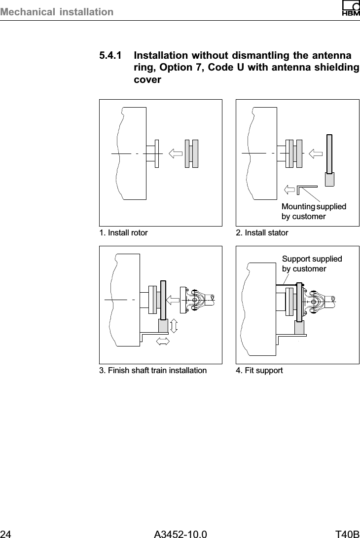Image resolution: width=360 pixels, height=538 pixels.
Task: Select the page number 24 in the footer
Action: pos(6,533)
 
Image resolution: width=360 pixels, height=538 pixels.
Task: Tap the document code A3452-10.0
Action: pos(180,533)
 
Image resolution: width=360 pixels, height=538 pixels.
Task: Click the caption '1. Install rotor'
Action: pos(123,232)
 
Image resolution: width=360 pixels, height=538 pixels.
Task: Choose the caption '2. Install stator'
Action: pos(262,232)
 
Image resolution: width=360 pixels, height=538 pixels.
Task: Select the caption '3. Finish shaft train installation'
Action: pos(153,370)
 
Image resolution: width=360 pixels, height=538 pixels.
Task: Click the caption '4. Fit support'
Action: pos(259,370)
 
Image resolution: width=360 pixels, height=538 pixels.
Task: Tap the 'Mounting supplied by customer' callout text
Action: pos(314,211)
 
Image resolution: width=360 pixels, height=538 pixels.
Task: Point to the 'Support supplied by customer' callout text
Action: pos(312,264)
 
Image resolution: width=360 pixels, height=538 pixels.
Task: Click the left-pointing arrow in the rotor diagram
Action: pos(175,154)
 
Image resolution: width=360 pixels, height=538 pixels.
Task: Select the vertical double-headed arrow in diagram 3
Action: pos(174,326)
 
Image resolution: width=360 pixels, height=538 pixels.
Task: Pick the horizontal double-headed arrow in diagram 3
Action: pos(162,341)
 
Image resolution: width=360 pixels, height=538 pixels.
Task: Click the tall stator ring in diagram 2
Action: pos(329,153)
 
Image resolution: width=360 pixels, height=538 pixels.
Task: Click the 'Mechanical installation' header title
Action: pos(57,11)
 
